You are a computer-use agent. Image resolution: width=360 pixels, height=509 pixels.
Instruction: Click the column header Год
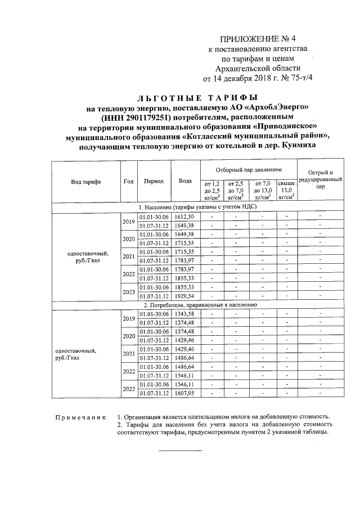[x=128, y=181]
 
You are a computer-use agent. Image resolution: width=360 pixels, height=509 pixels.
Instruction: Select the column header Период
[x=154, y=181]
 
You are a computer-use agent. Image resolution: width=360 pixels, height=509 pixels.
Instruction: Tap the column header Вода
[x=185, y=181]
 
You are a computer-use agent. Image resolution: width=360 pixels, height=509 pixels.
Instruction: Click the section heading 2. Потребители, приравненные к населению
[x=197, y=304]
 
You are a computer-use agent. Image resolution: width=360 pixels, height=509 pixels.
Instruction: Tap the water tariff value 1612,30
[x=184, y=217]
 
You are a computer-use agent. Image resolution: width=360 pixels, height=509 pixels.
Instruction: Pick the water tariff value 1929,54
[x=184, y=296]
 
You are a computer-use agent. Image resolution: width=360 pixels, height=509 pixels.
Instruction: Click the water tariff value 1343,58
[x=184, y=313]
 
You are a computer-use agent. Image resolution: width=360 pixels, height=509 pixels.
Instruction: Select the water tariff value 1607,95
[x=184, y=393]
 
